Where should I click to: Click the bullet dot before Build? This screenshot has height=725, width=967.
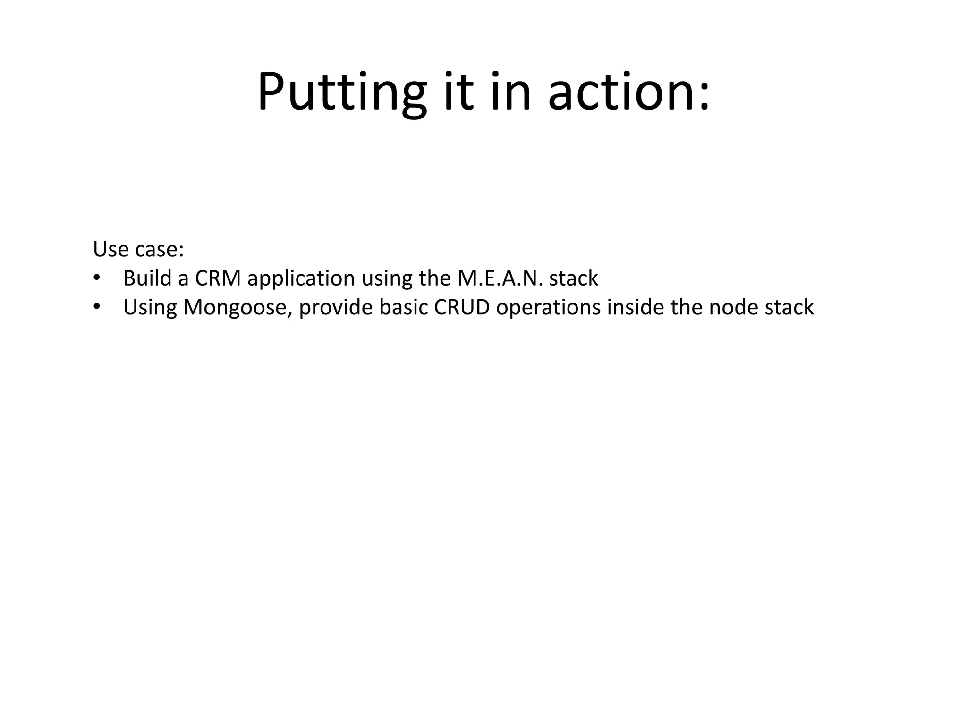point(97,278)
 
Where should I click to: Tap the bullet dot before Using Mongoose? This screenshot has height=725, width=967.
point(97,307)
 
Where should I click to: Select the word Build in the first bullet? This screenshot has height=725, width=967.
point(147,278)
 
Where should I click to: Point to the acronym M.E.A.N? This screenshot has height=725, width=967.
point(500,278)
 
